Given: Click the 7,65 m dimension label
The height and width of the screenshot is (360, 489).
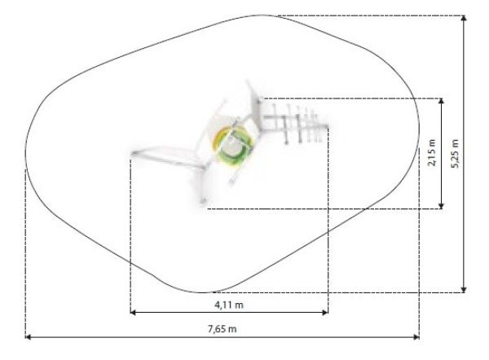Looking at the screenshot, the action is pos(222,329).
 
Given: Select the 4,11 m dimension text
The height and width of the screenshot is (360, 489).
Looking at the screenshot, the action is pos(229,305).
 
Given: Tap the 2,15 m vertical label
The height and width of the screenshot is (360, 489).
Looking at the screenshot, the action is pos(432,153).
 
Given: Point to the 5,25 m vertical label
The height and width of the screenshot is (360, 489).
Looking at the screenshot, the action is pos(456,154).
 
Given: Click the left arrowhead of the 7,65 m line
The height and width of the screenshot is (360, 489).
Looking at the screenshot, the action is pos(28,337).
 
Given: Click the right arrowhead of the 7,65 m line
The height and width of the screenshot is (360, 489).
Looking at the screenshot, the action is pos(416,337).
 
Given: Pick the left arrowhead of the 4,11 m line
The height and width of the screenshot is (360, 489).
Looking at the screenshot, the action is pos(133,312).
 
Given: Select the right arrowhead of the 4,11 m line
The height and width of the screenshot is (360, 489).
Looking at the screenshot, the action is pos(325,312).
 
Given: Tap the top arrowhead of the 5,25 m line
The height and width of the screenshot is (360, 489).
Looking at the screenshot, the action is pos(464,18).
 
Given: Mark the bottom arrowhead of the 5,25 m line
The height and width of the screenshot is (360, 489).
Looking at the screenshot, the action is pos(464,290).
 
